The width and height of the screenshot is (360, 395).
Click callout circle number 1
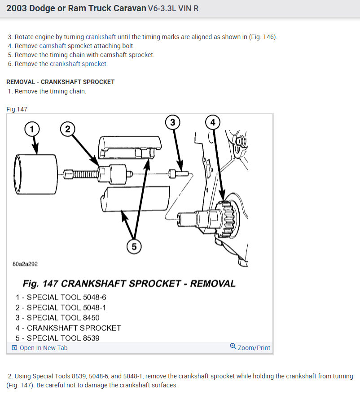[x=32, y=129]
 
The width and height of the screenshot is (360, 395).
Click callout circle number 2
[x=68, y=129]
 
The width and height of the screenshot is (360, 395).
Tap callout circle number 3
[x=173, y=121]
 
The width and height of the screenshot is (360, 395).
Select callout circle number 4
[x=213, y=122]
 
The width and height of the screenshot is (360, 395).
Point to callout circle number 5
[x=134, y=246]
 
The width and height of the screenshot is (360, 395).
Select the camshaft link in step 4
[x=53, y=46]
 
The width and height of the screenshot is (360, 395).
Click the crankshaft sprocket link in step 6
[x=78, y=64]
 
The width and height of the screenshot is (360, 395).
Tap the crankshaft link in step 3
[x=101, y=37]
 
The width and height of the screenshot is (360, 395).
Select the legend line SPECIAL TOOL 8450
[x=57, y=318]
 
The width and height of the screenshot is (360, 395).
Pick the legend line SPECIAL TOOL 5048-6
[x=61, y=297]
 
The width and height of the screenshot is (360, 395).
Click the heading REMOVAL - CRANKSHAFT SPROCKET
[x=61, y=82]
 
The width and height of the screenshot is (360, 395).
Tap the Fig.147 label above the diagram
[x=17, y=109]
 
